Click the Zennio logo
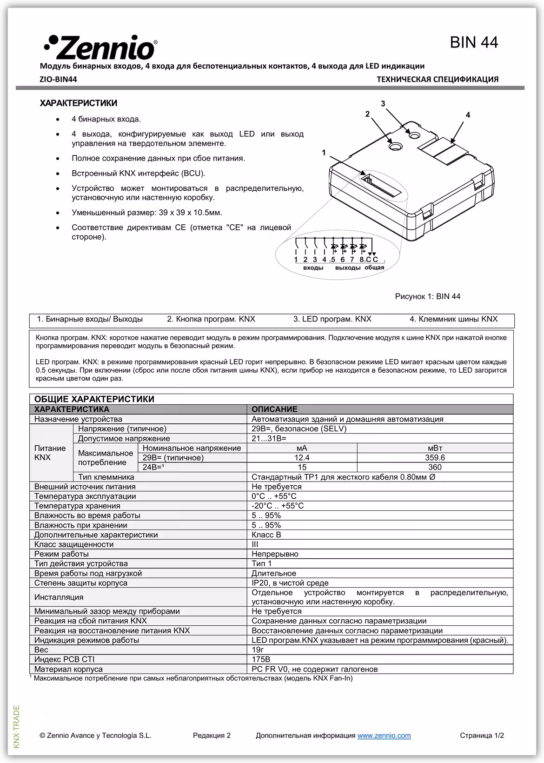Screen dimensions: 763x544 point(100,47)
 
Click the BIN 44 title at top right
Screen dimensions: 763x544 point(474,42)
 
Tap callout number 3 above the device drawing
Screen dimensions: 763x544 point(383,104)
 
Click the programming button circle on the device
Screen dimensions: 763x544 point(395,146)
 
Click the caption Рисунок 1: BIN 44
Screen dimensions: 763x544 point(427,296)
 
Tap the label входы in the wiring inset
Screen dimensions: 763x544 point(313,268)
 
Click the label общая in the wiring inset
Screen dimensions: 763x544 point(374,268)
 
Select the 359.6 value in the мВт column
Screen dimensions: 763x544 point(435,457)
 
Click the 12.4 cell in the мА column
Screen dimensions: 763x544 point(302,457)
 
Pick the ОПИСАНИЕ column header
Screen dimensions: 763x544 point(274,409)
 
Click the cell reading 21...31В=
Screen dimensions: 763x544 point(269,438)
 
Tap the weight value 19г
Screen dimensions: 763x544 point(259,649)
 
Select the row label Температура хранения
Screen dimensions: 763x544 point(77,506)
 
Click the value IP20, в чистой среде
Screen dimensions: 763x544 point(290,583)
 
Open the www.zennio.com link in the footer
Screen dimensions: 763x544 point(384,736)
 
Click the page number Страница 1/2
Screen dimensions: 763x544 point(482,736)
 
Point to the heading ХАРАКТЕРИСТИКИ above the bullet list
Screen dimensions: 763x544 point(79,103)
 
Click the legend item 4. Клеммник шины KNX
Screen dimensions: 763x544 point(453,319)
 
